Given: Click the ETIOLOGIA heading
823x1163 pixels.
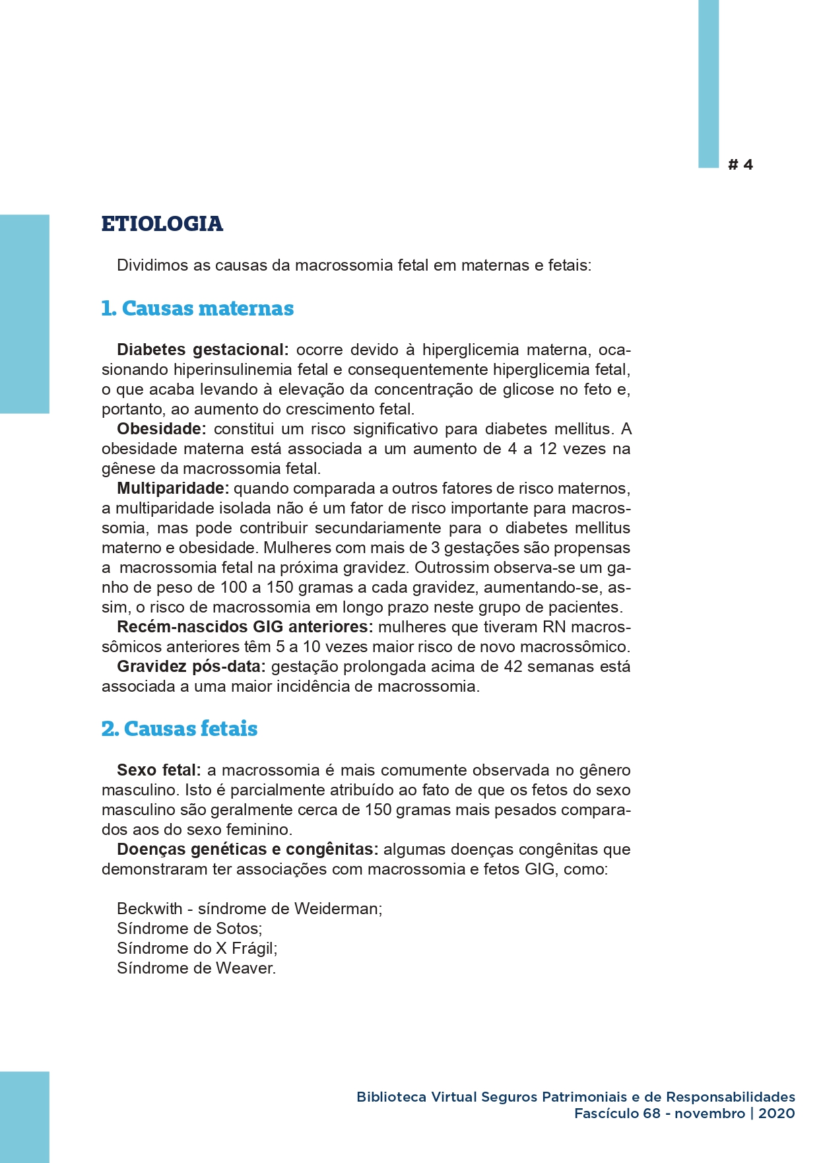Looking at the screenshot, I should coord(162,224).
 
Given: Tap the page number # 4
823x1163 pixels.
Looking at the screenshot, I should coord(740,165).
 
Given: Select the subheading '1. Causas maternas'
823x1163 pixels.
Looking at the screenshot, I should coord(197,308).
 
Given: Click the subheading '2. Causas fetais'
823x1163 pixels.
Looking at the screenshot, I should coord(179,729).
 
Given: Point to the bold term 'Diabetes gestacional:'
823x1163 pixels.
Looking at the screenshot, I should coord(203,350).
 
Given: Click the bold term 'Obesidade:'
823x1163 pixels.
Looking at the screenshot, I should coord(162,429).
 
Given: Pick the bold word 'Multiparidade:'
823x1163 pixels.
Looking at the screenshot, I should coord(173,488).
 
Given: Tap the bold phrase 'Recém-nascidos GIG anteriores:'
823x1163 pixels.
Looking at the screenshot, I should coord(245,627).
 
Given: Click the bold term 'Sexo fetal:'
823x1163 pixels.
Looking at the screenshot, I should coord(159,770).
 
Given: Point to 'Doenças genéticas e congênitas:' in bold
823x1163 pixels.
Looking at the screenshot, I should coord(247,849).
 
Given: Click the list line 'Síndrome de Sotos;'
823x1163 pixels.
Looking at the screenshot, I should coord(189,929).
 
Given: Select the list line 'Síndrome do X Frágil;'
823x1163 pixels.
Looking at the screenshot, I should coord(197,948).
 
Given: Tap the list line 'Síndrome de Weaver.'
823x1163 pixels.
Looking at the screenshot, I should coord(196,968).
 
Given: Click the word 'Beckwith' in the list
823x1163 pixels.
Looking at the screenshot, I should coord(149,909).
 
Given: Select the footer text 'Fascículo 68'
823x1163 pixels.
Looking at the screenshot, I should coord(617,1113).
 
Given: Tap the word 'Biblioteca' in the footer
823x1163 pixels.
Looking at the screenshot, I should coord(391,1097).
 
